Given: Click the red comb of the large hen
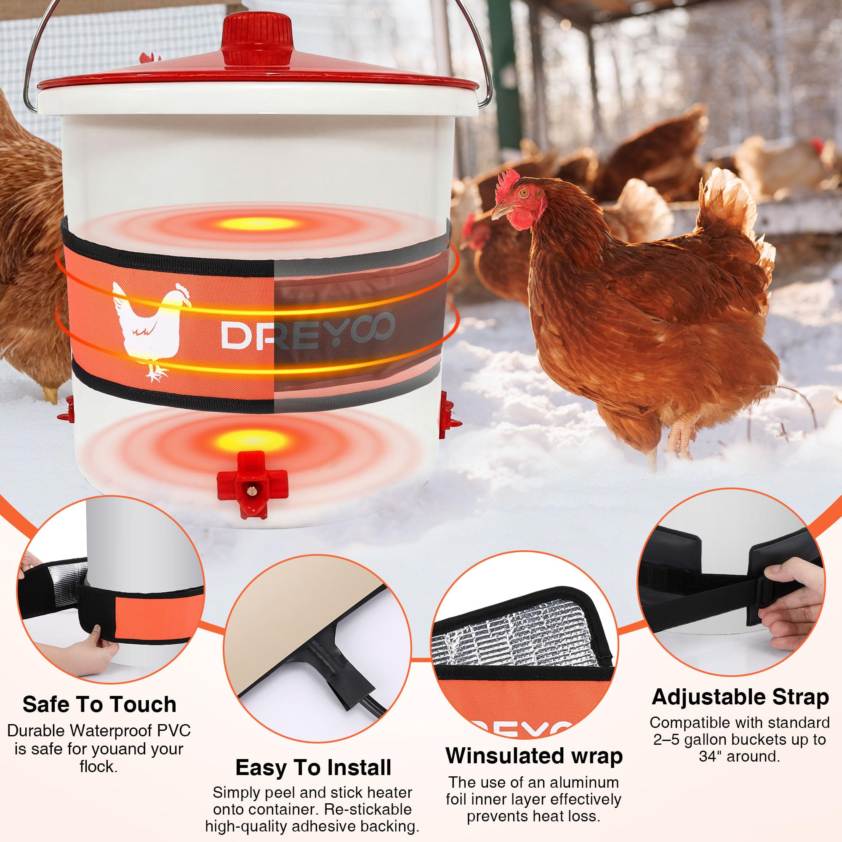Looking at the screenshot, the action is [x=509, y=180].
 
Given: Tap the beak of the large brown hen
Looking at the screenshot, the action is [x=499, y=212].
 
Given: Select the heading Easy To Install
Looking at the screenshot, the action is [x=313, y=767].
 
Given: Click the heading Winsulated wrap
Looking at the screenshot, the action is [x=534, y=755].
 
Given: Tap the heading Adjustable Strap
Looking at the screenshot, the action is [x=740, y=697].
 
